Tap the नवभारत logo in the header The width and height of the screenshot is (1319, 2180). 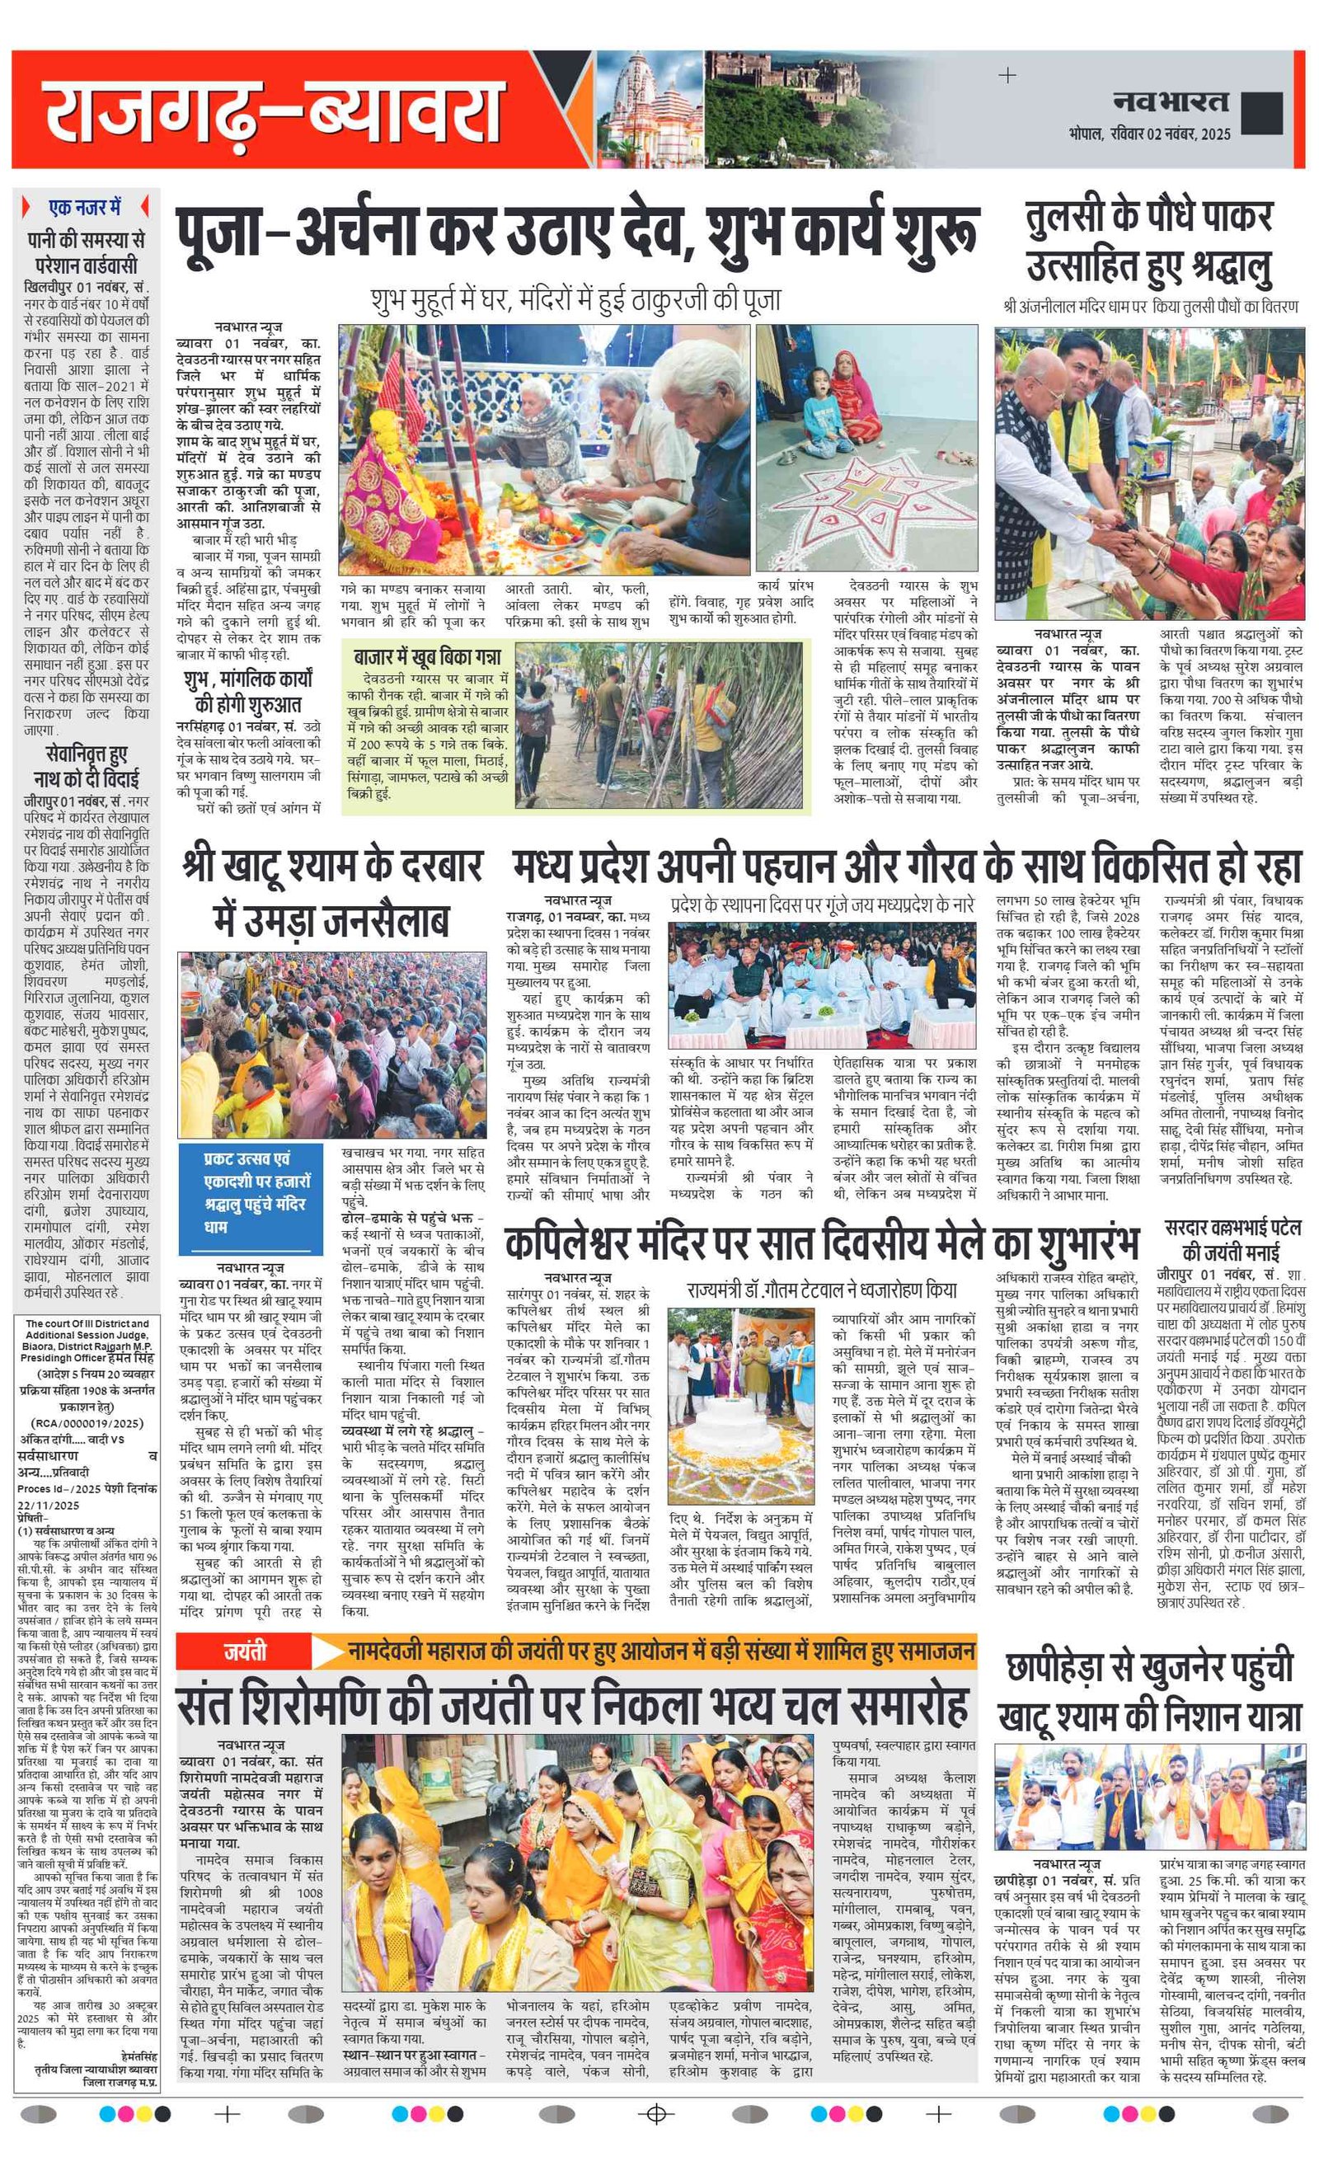[1171, 102]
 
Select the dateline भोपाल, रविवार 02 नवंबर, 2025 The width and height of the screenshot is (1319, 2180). [1149, 134]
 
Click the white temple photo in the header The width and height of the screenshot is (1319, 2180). [649, 107]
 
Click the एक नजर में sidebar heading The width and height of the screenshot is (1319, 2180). [86, 208]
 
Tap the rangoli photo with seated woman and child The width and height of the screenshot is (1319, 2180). [866, 447]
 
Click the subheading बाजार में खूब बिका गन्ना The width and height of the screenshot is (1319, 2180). [426, 656]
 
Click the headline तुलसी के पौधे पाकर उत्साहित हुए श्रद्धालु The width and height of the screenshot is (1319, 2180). [1149, 243]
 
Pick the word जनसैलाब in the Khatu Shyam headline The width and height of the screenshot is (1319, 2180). [331, 921]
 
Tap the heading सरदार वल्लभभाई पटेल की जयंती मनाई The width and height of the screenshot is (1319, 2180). [1232, 1240]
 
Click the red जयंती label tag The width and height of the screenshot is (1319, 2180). [244, 1651]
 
